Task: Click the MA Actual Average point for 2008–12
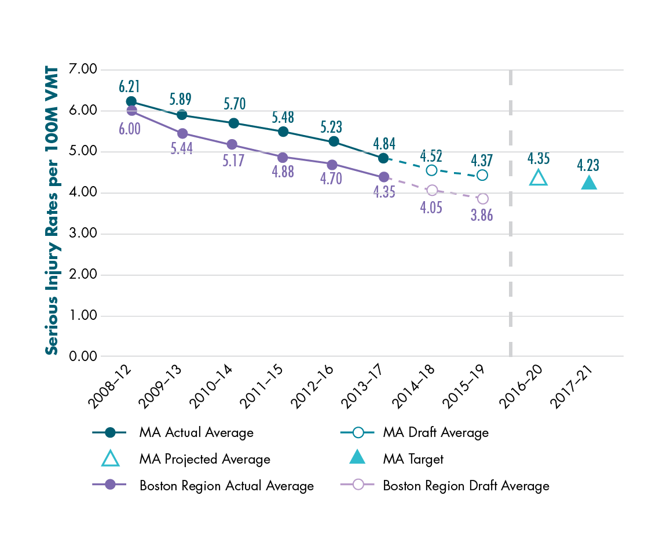(x=131, y=102)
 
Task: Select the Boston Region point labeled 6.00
(x=131, y=111)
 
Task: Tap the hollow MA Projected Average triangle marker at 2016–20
(x=539, y=178)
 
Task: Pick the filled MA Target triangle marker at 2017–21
(x=589, y=183)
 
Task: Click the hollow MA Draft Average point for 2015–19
(x=482, y=175)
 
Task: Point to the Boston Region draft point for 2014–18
(x=431, y=190)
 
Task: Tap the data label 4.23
(x=589, y=165)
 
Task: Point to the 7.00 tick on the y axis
(x=83, y=70)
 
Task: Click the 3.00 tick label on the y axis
(x=83, y=234)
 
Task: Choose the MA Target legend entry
(x=412, y=459)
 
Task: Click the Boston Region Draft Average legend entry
(x=466, y=486)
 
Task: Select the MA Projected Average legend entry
(x=204, y=459)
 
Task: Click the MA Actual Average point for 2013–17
(x=383, y=158)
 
